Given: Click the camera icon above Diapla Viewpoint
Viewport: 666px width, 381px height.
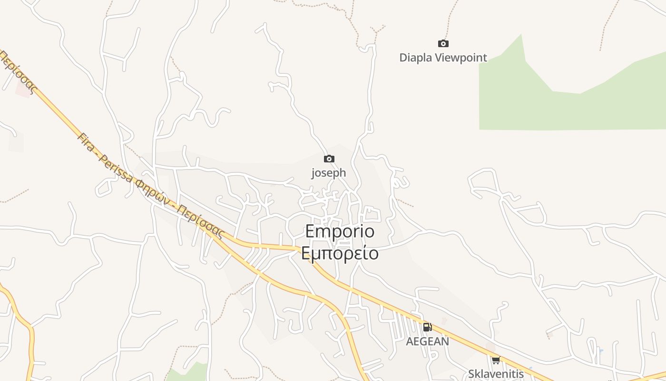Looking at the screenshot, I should [443, 44].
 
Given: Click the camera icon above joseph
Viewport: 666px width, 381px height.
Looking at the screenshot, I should [329, 159].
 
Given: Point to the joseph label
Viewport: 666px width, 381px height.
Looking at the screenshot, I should [329, 173].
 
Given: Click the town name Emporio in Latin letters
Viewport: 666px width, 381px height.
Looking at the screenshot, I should [340, 231].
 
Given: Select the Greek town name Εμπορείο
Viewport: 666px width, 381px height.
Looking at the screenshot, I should [340, 253].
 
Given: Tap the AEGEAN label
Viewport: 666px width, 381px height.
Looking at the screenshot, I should [427, 341].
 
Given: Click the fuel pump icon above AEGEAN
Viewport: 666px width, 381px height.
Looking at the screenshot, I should [427, 327].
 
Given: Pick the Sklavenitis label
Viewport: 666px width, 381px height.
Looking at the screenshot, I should [496, 374].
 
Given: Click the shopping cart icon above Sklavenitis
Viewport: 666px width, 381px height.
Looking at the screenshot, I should [496, 360].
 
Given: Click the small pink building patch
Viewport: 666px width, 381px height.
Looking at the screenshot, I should [23, 89].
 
